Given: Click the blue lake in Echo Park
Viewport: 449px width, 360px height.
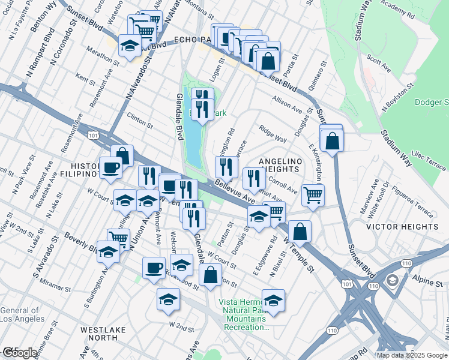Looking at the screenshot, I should pos(193,141).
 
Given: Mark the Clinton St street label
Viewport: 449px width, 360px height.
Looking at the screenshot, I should pos(140,119).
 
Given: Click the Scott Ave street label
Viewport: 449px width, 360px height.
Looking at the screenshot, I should pos(379,65).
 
